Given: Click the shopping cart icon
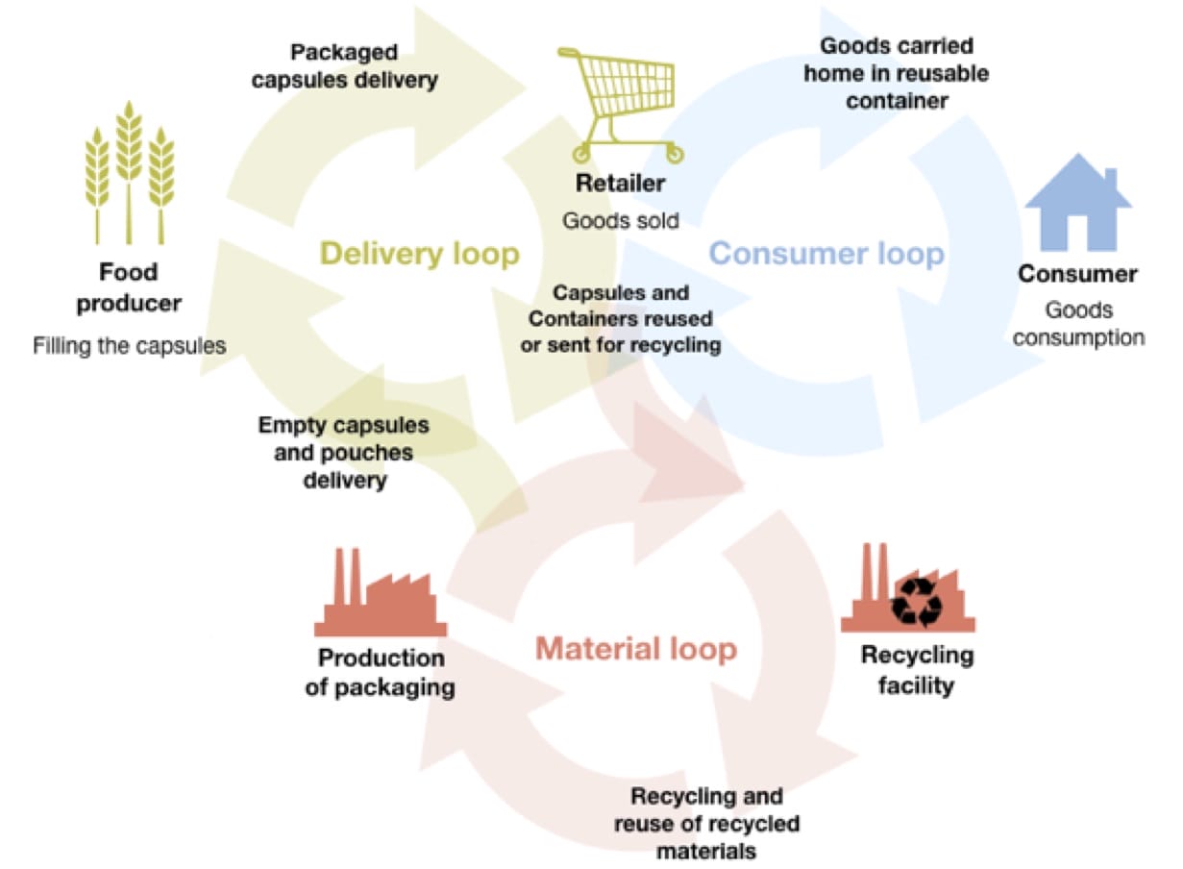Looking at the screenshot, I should (x=621, y=103).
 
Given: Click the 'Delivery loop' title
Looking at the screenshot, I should (x=419, y=254).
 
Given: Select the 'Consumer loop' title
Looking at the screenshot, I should (x=826, y=254).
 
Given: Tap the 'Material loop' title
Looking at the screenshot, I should (x=635, y=649).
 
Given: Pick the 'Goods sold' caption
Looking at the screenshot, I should (x=620, y=220).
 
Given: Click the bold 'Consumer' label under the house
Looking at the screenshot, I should (x=1077, y=274).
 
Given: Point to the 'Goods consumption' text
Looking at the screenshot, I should (x=1078, y=324).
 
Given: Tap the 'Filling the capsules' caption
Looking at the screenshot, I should (x=130, y=345).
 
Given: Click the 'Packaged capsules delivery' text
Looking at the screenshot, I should (x=344, y=66).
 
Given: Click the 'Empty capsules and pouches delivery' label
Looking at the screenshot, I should (x=344, y=452).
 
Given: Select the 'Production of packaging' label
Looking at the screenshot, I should (x=381, y=673).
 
